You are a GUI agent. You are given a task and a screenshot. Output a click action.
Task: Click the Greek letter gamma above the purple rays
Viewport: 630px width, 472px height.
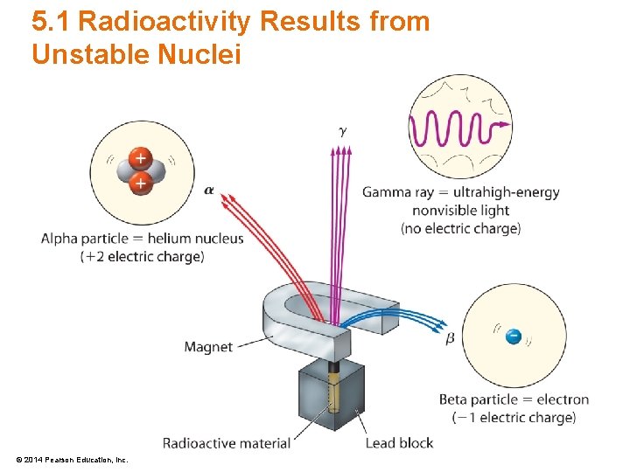pos(343,131)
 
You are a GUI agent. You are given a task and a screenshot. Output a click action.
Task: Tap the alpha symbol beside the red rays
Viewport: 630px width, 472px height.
pos(209,190)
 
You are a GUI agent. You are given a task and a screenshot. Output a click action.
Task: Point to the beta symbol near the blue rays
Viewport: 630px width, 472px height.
pos(451,337)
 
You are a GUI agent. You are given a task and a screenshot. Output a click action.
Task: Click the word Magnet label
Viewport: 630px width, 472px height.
pos(208,347)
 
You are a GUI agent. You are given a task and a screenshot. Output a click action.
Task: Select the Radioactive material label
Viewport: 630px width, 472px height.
pos(226,442)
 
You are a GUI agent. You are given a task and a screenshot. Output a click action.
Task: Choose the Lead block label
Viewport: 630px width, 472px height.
pos(398,442)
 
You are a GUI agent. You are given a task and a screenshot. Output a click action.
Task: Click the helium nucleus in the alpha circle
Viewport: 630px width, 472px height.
pos(140,170)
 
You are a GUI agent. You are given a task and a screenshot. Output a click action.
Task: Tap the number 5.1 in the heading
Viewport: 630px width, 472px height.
pos(51,22)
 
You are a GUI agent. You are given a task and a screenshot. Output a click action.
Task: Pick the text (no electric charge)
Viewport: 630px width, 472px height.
pos(460,229)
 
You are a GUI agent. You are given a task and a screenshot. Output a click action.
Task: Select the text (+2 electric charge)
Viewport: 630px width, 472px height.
pos(142,257)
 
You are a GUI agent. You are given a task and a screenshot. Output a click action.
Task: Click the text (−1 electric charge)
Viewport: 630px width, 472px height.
pos(514,418)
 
